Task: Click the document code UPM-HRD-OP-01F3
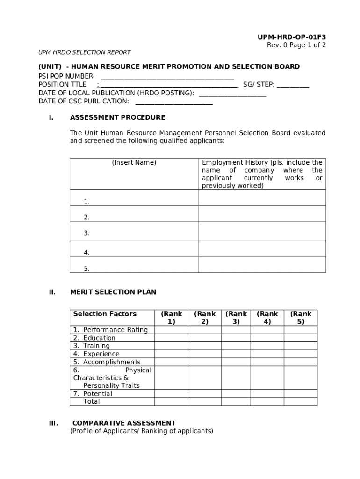(291, 37)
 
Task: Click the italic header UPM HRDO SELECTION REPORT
(84, 52)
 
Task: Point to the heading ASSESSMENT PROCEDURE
(117, 117)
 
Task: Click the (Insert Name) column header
(134, 163)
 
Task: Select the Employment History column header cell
(262, 174)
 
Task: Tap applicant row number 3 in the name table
(87, 233)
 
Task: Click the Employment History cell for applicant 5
(262, 265)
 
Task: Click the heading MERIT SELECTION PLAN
(113, 292)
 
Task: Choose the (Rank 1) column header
(171, 318)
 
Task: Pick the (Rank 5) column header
(301, 318)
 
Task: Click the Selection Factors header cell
(105, 314)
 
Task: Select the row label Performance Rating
(115, 330)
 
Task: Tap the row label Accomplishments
(111, 362)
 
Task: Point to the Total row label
(92, 401)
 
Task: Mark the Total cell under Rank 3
(236, 401)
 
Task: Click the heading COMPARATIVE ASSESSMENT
(124, 423)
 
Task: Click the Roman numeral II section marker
(52, 292)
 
